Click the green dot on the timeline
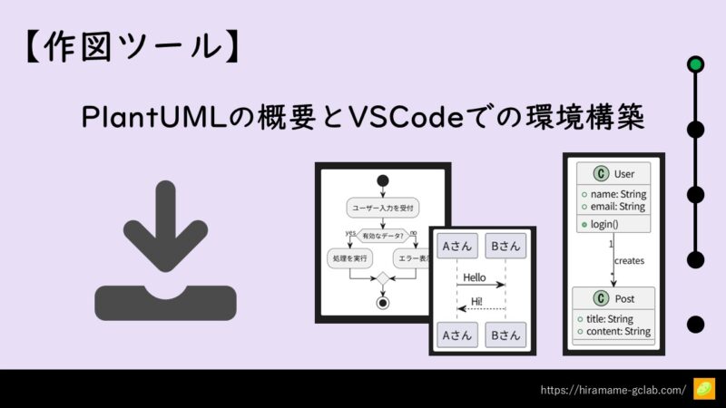[x=695, y=64]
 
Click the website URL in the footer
[x=613, y=389]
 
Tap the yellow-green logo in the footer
[x=704, y=389]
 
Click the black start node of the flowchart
[x=382, y=180]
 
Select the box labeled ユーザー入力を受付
[x=382, y=209]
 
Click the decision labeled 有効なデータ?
[x=382, y=234]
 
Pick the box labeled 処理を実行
[x=349, y=258]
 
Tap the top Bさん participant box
[x=504, y=246]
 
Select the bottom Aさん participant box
[x=456, y=335]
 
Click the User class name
[x=623, y=173]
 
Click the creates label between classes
[x=628, y=260]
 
